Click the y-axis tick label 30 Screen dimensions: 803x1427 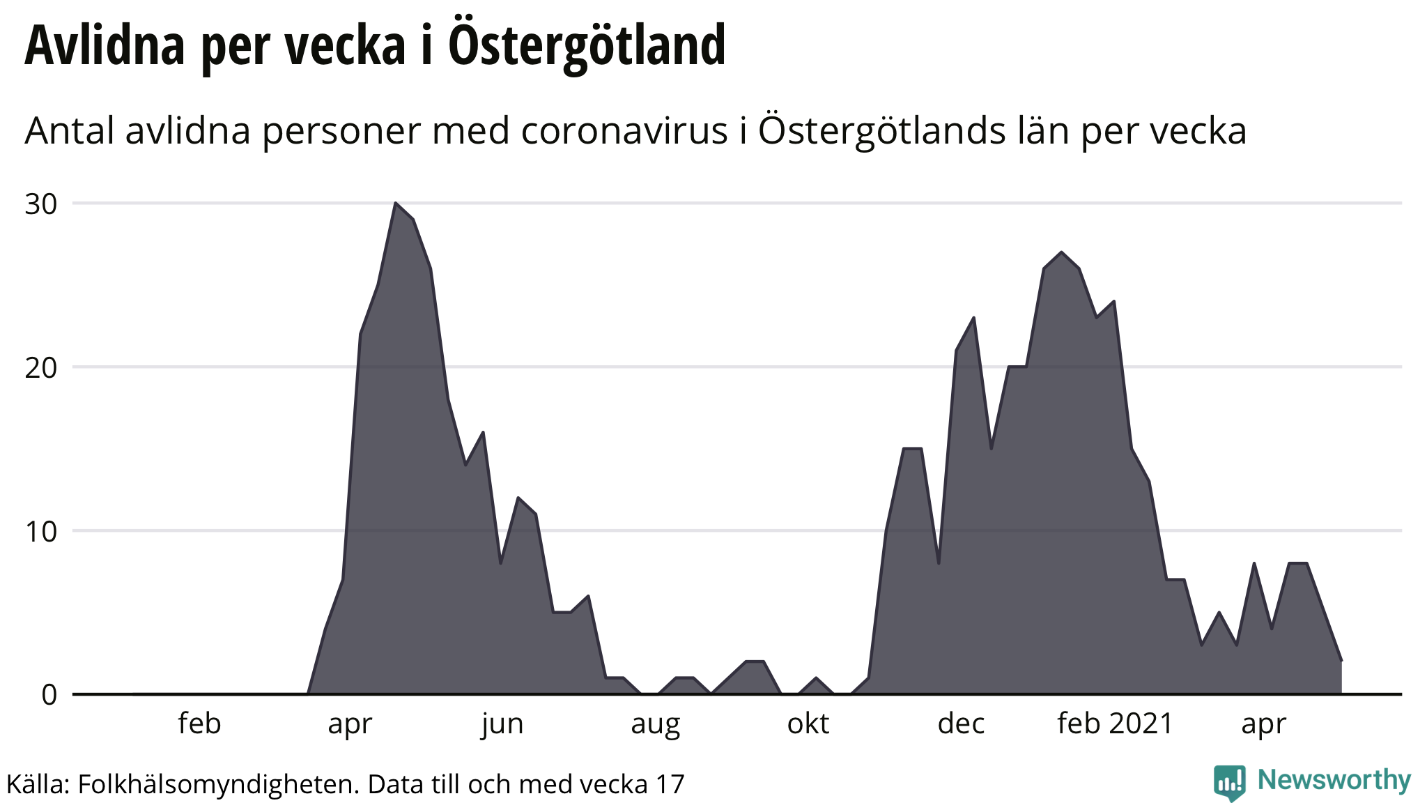pos(40,204)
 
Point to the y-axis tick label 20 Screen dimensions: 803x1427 pos(40,368)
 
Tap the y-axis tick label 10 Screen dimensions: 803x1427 pos(40,532)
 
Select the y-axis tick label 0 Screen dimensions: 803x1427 pos(49,695)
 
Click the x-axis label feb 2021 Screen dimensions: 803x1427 pos(1115,724)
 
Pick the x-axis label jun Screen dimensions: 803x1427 pos(502,724)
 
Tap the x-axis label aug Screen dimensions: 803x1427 pos(655,724)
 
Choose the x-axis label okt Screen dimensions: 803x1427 pos(808,724)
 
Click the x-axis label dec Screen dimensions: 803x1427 pos(961,724)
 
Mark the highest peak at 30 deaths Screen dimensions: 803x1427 pos(395,203)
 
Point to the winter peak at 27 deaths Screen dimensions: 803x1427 pos(1060,252)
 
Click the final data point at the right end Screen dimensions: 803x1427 pos(1341,660)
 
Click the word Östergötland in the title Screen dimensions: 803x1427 pos(587,45)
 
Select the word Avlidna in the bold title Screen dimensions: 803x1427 pos(105,45)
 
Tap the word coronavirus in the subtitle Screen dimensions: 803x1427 pos(624,130)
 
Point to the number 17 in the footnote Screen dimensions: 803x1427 pos(670,784)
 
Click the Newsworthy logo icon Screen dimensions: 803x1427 pos(1230,782)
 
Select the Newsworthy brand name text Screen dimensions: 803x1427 pos(1334,780)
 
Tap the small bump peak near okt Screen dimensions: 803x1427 pos(816,678)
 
